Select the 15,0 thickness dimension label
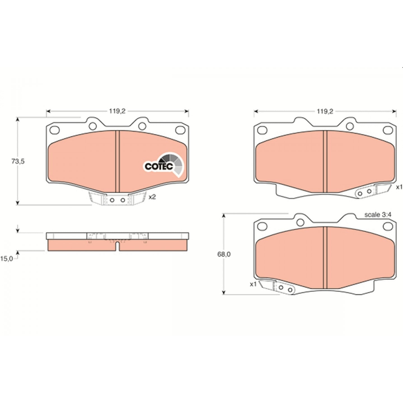click(7, 259)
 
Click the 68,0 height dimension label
click(224, 254)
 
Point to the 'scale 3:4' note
click(378, 215)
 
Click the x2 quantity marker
click(152, 197)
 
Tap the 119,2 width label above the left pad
click(117, 111)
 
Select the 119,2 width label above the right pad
click(325, 111)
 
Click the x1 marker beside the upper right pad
click(399, 187)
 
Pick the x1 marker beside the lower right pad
click(253, 284)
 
